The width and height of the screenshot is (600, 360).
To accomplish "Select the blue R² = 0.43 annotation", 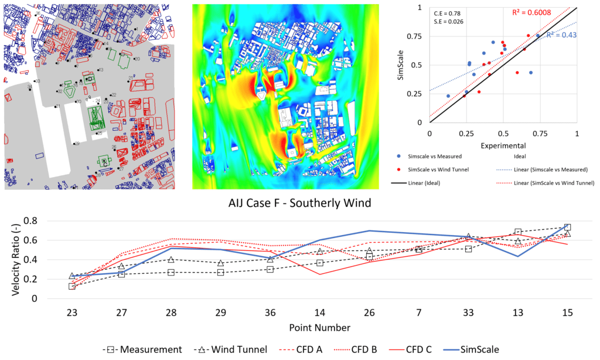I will (561, 35).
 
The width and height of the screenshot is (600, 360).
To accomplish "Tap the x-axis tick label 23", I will (71, 311).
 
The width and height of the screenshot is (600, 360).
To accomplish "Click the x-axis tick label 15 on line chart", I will (567, 311).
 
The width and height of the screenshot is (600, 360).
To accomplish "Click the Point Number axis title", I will (319, 327).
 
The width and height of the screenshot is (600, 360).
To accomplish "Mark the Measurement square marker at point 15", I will (567, 227).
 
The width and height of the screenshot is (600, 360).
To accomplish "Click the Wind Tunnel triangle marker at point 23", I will (71, 276).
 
